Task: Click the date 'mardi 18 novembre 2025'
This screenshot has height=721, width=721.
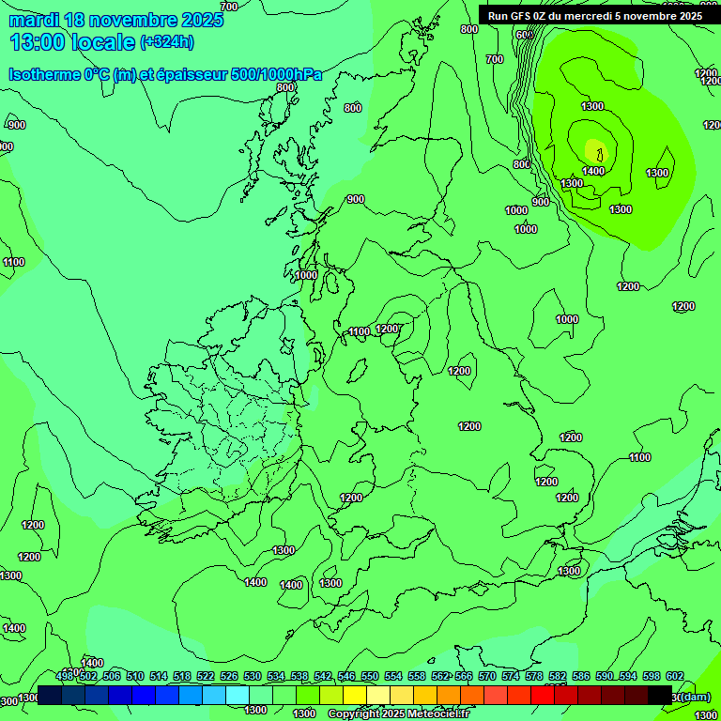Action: pos(116,20)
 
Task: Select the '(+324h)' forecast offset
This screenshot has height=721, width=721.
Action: pos(166,42)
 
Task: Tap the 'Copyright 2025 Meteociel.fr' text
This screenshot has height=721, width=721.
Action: pos(398,713)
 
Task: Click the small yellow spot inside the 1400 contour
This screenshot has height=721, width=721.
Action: pos(594,149)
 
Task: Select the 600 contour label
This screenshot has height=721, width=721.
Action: pos(525,36)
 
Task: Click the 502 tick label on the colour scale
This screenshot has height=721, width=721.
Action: pos(88,676)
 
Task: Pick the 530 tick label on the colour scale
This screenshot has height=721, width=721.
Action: pos(253,676)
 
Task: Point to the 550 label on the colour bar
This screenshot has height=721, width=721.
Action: pos(370,676)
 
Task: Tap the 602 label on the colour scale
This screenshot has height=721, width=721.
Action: pos(675,676)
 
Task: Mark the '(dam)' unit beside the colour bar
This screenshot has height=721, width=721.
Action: pos(695,696)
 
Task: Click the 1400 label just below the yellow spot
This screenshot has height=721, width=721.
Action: pos(592,171)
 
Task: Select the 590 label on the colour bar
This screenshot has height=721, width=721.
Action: pos(605,676)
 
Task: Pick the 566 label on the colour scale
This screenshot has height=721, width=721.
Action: pos(464,676)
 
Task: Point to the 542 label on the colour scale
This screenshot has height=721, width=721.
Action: pos(323,676)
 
